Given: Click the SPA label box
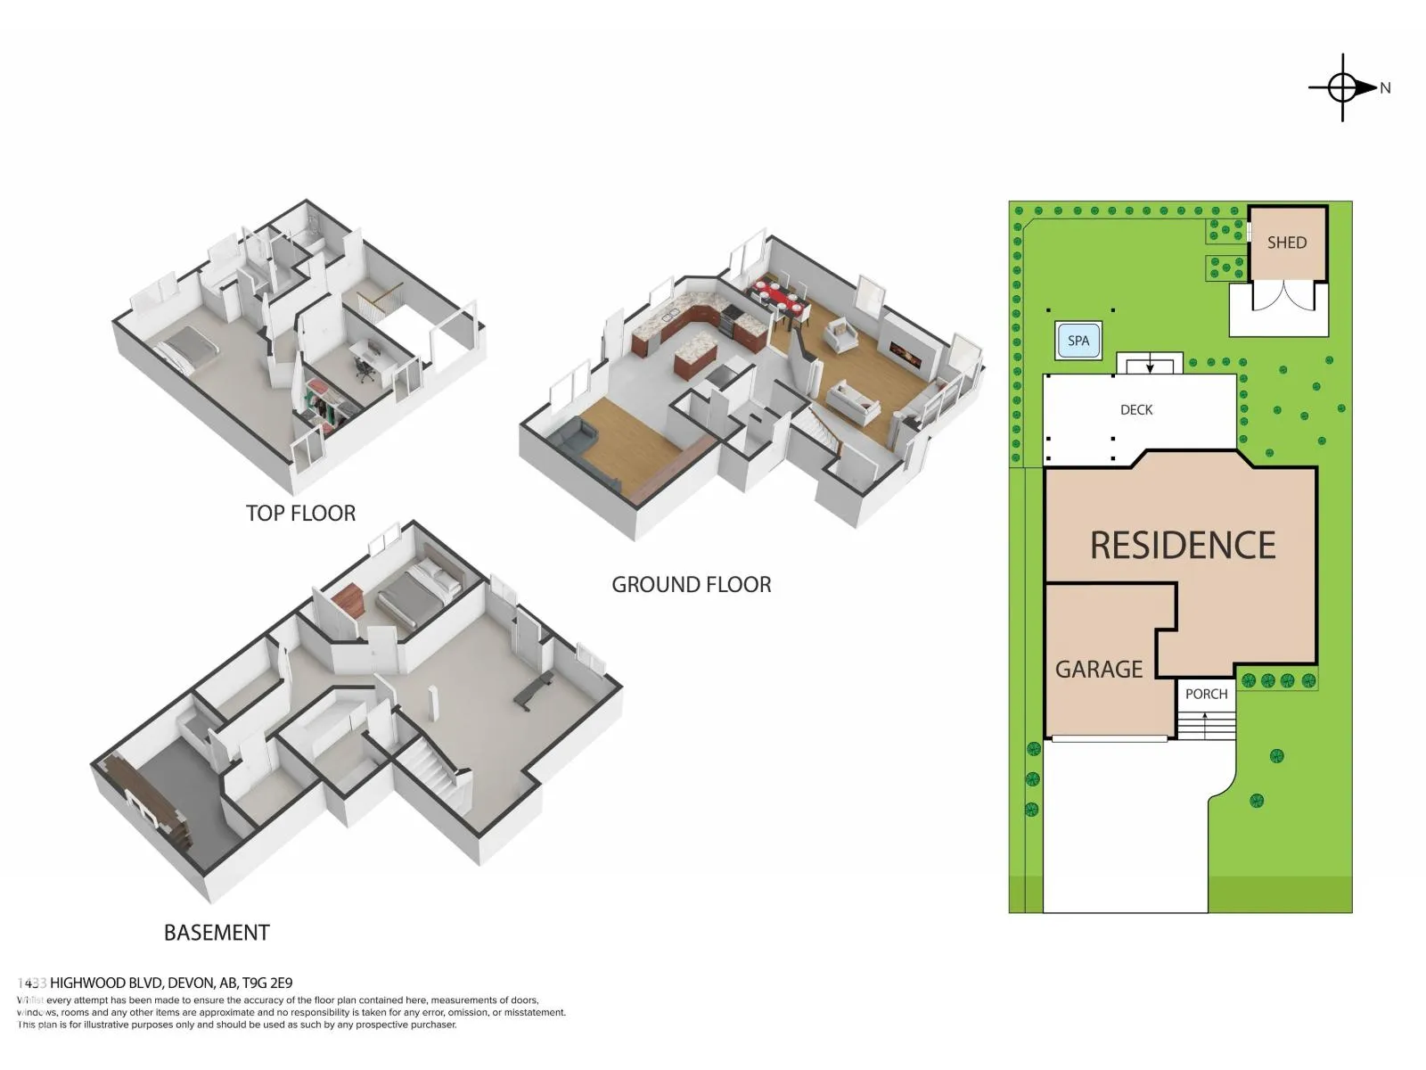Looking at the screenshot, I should (x=1078, y=341).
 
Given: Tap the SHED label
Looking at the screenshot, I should (x=1286, y=243).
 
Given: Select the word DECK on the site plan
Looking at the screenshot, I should (x=1135, y=410).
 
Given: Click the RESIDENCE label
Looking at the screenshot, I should (x=1182, y=546).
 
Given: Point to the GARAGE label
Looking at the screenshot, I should (x=1098, y=670).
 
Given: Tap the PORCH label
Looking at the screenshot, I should (x=1206, y=694).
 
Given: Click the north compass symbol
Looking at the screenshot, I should (x=1342, y=87).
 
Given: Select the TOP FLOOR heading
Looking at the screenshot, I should (x=300, y=514).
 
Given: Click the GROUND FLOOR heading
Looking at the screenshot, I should (x=691, y=585).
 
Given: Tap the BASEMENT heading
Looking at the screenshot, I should (x=217, y=933).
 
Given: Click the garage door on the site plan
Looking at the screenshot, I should (x=1109, y=738).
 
